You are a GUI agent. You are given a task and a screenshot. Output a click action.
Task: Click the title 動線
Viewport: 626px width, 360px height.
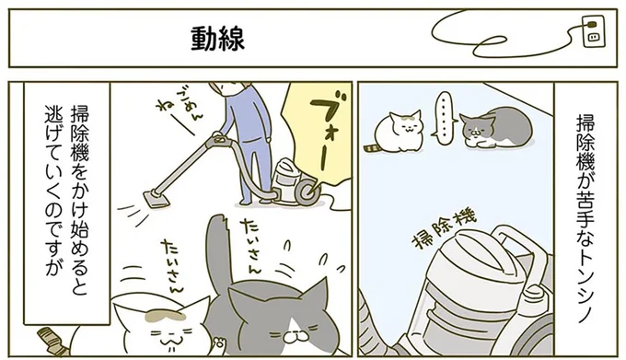click(x=217, y=39)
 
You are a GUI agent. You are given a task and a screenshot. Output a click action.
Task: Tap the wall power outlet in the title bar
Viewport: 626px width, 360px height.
click(x=593, y=34)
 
